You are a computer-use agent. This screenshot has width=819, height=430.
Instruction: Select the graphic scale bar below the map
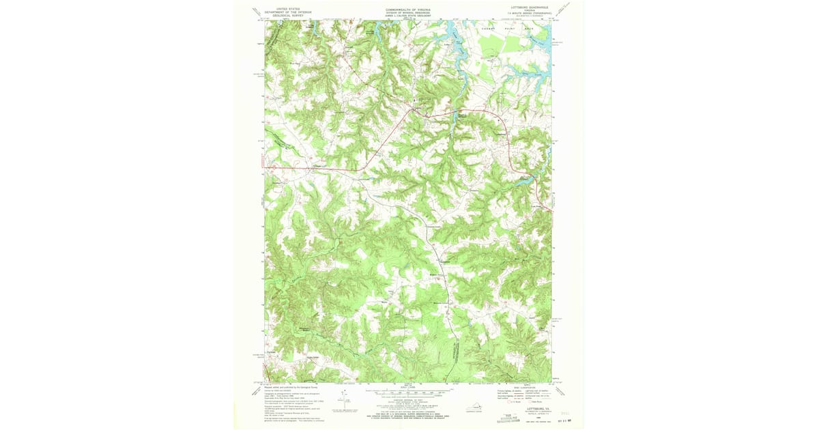(408, 394)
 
